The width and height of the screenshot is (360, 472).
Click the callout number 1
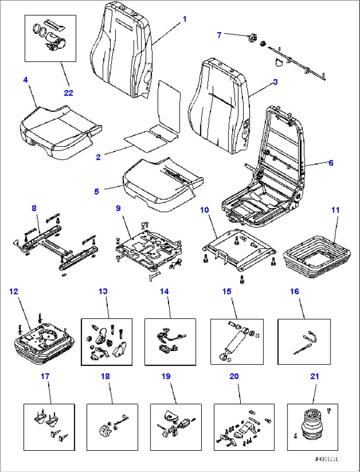pyautogui.click(x=185, y=19)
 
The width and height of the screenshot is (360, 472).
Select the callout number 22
pyautogui.click(x=68, y=93)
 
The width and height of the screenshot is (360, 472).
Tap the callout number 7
pyautogui.click(x=219, y=35)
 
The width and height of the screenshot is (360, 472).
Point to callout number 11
pyautogui.click(x=335, y=210)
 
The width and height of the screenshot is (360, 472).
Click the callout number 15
pyautogui.click(x=227, y=291)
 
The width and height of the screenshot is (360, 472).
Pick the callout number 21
pyautogui.click(x=315, y=376)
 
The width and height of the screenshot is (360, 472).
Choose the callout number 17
pyautogui.click(x=45, y=376)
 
